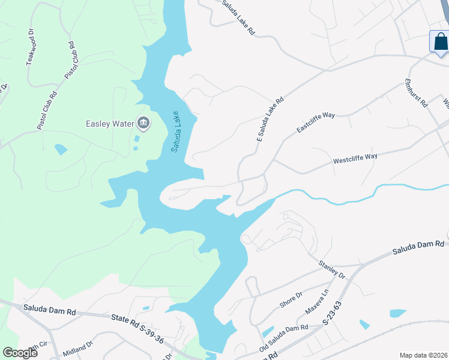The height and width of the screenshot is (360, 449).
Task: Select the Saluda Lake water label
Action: click(175, 131)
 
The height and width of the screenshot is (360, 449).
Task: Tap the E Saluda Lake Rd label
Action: click(270, 121)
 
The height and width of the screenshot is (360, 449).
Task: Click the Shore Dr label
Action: click(291, 301)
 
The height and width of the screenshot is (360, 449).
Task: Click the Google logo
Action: click(20, 353)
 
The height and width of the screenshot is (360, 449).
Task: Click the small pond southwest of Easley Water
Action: click(60, 149)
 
